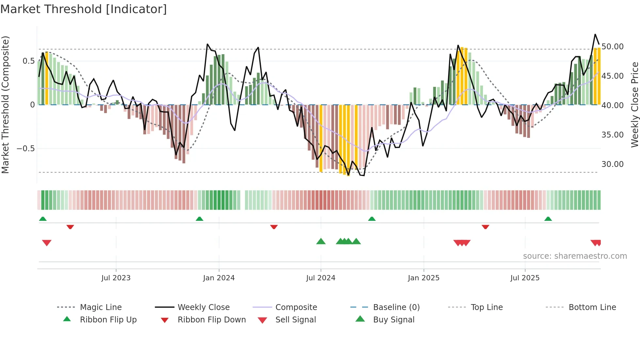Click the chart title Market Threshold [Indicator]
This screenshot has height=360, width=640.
coord(84,9)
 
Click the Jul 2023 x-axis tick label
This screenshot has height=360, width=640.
coord(116,278)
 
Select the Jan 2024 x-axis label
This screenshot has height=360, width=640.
coord(219,278)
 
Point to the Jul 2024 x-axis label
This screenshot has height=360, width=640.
coord(321,278)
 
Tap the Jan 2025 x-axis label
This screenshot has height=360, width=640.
coord(424,278)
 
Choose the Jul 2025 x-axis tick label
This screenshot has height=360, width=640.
coord(525,278)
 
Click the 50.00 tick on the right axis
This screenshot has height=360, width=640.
coord(613,46)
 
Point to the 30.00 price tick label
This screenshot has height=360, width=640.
coord(613,164)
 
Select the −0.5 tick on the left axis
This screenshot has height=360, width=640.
coord(25,148)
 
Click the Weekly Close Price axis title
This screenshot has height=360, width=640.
coord(634,105)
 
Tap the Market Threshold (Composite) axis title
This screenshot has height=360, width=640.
coord(5,105)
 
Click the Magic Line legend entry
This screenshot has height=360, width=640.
coord(101,307)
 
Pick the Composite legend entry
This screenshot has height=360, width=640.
coord(296,307)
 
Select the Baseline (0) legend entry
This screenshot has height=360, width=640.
coord(396,307)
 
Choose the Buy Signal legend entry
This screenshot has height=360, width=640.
coord(393,320)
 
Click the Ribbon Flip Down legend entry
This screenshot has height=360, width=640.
coord(211,320)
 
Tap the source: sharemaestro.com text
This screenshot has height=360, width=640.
coord(575,256)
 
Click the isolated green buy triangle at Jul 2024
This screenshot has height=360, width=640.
coord(321,241)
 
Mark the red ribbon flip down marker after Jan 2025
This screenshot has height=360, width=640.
coord(485,227)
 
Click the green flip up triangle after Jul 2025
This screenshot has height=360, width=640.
coord(548,219)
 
